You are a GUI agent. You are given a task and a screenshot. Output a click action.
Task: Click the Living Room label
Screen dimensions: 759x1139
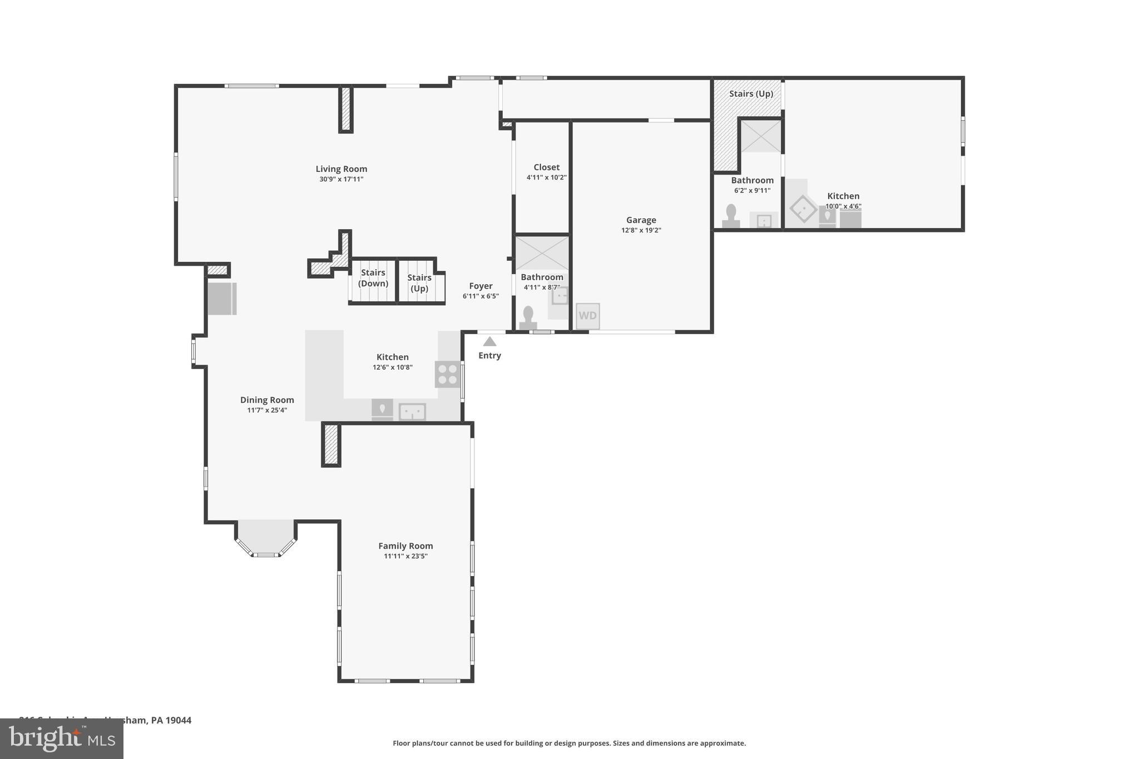point(341,169)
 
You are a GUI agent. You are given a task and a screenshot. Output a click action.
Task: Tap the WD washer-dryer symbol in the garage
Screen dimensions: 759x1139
point(587,316)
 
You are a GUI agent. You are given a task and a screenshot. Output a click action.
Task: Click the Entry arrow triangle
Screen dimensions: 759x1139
point(489,341)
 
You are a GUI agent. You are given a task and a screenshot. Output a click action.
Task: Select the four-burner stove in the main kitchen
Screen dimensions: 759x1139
point(448,374)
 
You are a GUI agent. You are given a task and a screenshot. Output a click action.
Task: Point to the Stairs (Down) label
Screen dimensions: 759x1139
point(373,278)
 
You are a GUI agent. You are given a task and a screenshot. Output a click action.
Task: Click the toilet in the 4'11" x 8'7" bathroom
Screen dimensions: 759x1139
point(528,318)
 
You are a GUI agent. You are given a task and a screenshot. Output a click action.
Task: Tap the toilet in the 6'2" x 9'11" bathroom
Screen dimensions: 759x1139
point(731,216)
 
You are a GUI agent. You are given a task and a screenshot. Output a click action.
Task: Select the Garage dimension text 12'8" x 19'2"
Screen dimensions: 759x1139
point(641,230)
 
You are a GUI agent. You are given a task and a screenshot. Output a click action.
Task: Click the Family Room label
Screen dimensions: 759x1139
point(405,546)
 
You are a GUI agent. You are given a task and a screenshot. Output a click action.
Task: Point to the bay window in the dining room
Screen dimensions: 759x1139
point(266,538)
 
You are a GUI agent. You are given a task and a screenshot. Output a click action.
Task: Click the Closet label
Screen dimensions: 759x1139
point(546,167)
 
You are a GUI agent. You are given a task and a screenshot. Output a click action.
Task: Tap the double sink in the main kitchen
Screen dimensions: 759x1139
point(412,412)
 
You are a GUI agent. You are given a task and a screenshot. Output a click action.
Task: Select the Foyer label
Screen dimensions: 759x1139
point(481,286)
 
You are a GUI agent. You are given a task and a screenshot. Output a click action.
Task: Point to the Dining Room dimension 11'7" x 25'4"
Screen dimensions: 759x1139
point(267,410)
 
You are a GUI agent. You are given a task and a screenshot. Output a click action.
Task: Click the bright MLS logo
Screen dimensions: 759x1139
point(62,739)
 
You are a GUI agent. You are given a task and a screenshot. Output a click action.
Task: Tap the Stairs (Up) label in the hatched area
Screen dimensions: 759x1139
point(751,94)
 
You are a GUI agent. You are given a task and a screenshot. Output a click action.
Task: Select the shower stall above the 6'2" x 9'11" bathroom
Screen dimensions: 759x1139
point(760,136)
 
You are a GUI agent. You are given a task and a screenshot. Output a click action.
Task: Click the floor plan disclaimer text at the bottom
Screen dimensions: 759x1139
point(569,743)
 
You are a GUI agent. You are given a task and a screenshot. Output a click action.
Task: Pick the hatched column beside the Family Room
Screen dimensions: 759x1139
point(331,444)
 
